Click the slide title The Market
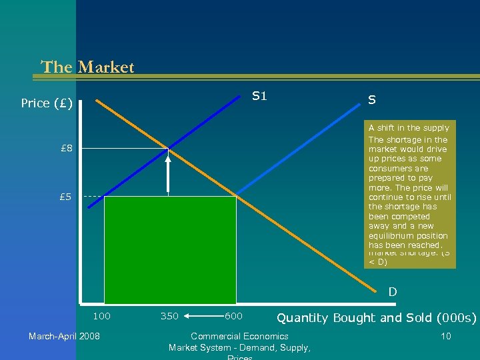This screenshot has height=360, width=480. [x=87, y=67]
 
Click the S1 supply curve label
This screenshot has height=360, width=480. [x=259, y=96]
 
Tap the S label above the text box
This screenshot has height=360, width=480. [x=372, y=100]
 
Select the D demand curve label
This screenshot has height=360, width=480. [x=393, y=291]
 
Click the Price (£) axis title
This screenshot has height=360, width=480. [x=46, y=103]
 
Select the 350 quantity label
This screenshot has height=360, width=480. [x=169, y=315]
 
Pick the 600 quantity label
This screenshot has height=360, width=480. [x=233, y=315]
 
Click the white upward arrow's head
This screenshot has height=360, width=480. [x=168, y=157]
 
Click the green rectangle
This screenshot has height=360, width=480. [x=170, y=250]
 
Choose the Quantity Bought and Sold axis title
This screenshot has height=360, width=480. [x=377, y=318]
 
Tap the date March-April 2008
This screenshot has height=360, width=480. [x=64, y=336]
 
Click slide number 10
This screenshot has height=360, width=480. [x=445, y=336]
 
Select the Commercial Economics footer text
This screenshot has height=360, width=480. [x=239, y=336]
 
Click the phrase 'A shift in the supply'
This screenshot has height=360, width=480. [x=409, y=127]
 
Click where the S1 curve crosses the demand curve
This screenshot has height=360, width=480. [x=168, y=148]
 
